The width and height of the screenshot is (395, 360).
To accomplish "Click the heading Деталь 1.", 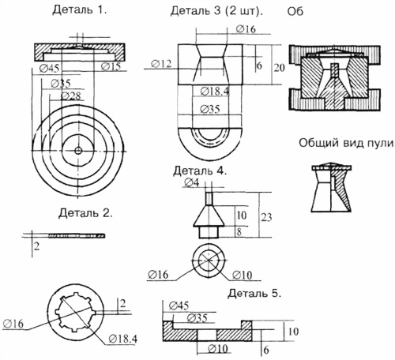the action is click(80, 10).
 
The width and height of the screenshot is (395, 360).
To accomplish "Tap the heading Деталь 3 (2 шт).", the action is click(216, 11).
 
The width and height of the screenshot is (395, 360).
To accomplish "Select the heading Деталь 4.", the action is click(200, 171).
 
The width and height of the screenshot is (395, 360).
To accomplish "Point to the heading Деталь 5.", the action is click(254, 293).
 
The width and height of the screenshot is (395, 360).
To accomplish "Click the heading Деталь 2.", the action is click(85, 213).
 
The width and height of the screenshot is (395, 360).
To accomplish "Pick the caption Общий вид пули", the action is click(346, 143).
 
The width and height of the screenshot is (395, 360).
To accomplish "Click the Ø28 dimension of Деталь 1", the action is click(71, 96).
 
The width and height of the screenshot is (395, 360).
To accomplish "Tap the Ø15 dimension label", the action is click(111, 66).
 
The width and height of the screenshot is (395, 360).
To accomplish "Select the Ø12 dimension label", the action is click(161, 64).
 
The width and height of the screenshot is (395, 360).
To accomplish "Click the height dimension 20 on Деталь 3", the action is click(280, 68).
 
